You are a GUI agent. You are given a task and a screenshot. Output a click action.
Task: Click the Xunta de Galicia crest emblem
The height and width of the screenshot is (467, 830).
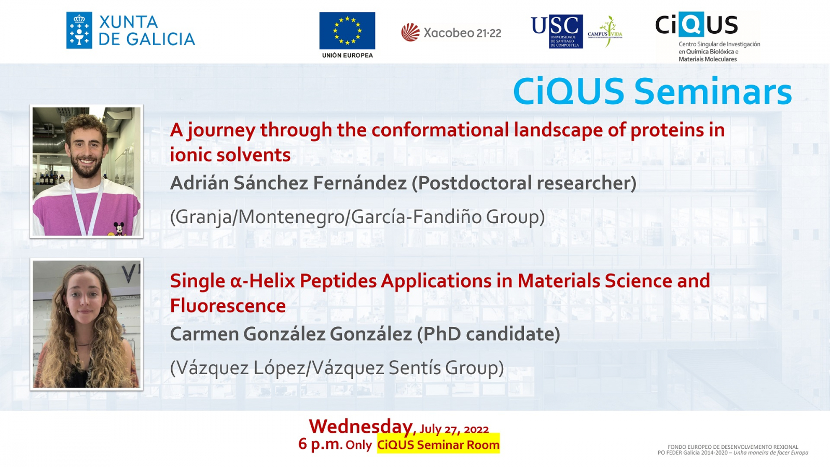tap(79, 31)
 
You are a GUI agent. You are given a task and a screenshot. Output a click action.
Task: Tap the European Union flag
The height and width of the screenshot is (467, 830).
tap(347, 31)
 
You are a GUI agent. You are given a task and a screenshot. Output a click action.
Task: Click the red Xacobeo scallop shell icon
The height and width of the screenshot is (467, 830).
tap(410, 33)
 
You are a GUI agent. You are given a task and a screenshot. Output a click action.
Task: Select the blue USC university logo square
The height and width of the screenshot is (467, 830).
tap(565, 32)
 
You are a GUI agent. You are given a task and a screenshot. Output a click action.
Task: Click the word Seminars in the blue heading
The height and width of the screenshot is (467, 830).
tap(713, 91)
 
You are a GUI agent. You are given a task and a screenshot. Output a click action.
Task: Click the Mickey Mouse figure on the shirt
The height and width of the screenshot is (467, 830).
tap(119, 228)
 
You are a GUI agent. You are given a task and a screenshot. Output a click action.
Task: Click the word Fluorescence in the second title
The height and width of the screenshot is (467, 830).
tap(228, 306)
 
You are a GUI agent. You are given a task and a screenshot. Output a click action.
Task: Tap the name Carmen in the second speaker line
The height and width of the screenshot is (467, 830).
tap(204, 334)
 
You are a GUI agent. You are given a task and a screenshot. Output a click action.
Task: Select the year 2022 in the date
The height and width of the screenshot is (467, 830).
tap(476, 430)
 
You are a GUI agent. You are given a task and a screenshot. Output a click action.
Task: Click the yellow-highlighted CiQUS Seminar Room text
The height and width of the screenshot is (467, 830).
tap(438, 445)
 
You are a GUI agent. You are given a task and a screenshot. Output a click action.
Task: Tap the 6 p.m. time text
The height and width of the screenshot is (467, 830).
tap(320, 444)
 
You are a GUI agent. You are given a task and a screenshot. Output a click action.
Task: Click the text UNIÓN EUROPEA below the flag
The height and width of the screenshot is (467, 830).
tap(347, 56)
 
